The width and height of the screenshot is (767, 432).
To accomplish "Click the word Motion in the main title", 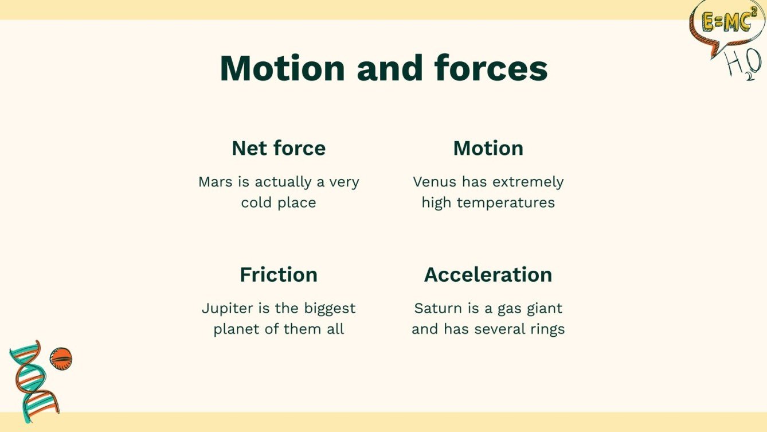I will (283, 68).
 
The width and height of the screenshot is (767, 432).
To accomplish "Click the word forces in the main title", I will (491, 68).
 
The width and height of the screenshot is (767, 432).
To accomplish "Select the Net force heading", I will (279, 148).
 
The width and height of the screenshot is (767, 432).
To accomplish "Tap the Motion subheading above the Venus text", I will (488, 148).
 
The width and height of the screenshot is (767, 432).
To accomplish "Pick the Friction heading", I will (279, 274).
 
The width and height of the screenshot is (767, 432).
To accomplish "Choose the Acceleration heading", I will (488, 274).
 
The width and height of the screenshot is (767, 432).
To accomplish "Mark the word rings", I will (547, 329).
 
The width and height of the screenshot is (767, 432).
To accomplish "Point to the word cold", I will (256, 203).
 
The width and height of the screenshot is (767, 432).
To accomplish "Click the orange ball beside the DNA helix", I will (60, 359).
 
